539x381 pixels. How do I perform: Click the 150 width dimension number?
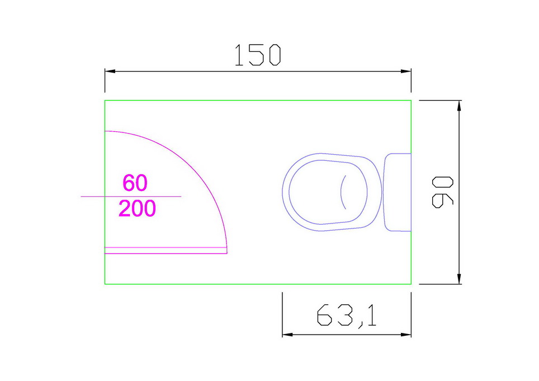coord(258,55)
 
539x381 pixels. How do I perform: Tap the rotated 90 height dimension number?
coord(442,192)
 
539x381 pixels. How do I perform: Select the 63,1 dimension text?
coord(347,316)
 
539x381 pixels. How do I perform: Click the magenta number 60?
coord(135,183)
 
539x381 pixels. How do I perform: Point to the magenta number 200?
coord(137,208)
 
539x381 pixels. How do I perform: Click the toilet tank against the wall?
coord(397,192)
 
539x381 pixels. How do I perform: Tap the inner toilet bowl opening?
coord(328,192)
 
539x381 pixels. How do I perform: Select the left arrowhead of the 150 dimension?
coord(110,71)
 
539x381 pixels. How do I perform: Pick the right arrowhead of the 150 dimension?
coord(406,71)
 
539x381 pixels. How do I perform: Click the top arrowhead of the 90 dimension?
coord(459,106)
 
